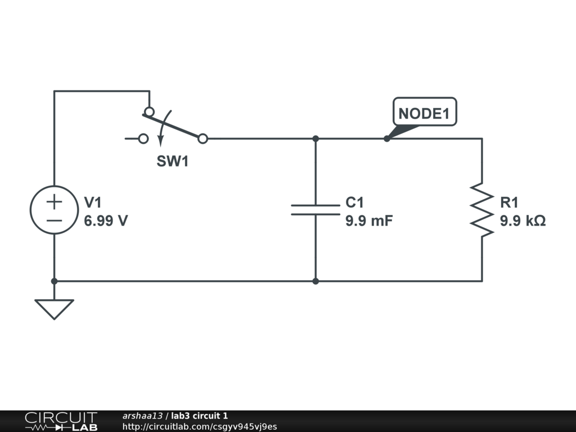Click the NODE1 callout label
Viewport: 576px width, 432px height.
[424, 113]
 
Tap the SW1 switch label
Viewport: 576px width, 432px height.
[172, 161]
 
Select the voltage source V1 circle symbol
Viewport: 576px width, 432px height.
[54, 210]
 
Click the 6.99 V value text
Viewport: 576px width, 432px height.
[106, 221]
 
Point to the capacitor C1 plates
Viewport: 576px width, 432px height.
[316, 210]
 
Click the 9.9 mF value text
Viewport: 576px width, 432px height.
[368, 221]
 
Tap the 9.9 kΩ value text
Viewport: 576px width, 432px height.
[523, 221]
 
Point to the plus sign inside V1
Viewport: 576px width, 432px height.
[54, 201]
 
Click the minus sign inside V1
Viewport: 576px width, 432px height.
[54, 220]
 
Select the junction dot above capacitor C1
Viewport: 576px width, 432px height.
[316, 138]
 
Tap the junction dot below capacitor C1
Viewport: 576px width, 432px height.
[316, 281]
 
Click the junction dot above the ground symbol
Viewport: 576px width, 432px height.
[54, 281]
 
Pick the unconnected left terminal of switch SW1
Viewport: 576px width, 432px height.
[143, 138]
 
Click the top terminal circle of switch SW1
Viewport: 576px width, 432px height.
[149, 111]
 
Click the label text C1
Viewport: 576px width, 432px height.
[354, 202]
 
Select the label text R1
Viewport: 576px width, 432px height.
[510, 202]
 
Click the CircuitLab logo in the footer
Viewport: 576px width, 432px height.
[61, 421]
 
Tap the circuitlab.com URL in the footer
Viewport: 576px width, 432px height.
[200, 427]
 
